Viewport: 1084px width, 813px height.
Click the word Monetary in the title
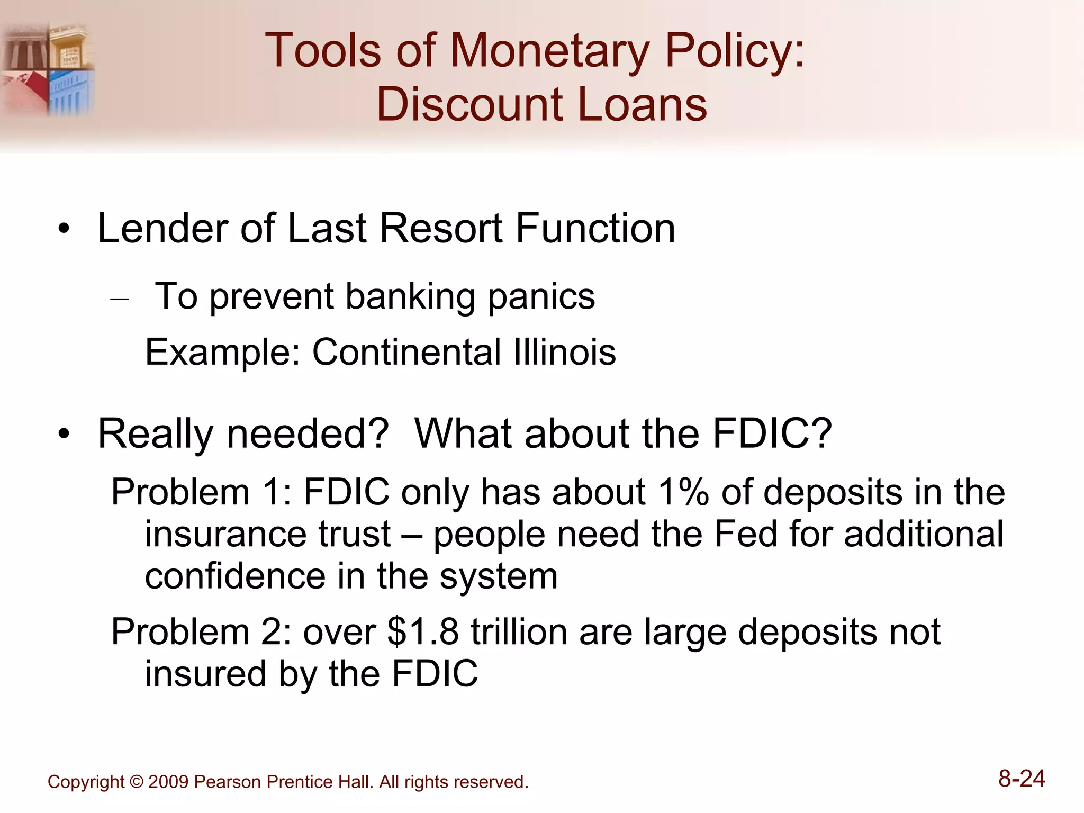(x=549, y=51)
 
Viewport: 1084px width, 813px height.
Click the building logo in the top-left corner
(x=48, y=69)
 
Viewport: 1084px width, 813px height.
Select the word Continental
(x=406, y=353)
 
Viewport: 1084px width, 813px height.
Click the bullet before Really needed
(x=64, y=435)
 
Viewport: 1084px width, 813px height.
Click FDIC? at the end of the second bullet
(x=772, y=434)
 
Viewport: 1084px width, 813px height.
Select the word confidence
(x=235, y=576)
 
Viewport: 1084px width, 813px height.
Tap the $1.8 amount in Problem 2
(x=423, y=633)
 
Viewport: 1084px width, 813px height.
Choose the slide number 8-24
(x=1022, y=779)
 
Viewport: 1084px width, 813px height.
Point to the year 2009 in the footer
(x=168, y=782)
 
